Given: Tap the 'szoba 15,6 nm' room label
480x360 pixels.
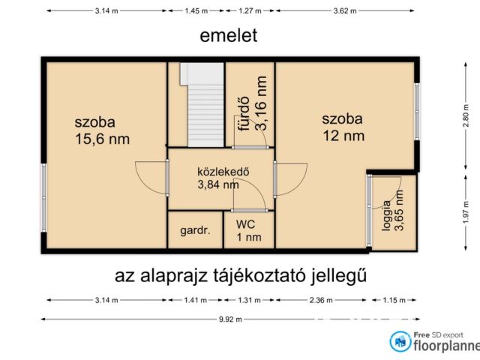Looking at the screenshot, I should [x=102, y=130].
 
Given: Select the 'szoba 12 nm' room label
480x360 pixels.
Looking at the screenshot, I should [x=343, y=127].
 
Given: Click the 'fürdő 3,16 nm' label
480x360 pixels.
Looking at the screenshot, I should [x=252, y=106].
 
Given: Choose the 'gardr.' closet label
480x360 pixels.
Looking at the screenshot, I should [x=195, y=231].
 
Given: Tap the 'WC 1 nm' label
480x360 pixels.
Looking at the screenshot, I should [x=248, y=231].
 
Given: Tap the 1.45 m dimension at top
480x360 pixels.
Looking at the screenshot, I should [x=196, y=10].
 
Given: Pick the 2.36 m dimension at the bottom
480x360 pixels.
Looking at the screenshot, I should [x=322, y=301].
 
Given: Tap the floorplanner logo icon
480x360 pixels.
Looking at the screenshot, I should [x=400, y=342].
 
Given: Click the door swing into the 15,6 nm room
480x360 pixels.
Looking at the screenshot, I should [x=150, y=178].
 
